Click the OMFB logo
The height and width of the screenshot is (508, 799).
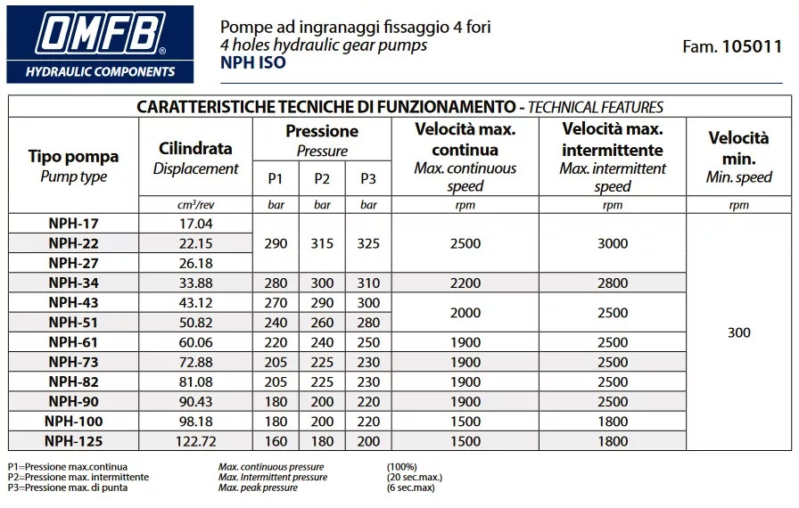coord(99,42)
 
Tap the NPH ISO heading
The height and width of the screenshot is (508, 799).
coord(253,63)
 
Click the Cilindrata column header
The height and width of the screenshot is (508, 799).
coord(195,149)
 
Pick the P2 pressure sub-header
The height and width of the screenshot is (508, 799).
coord(322,179)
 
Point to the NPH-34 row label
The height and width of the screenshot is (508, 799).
coord(73,283)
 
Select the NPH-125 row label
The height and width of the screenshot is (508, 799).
coord(73,441)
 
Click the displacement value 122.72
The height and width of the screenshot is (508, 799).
coord(195,441)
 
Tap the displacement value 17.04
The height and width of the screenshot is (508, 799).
coord(195,224)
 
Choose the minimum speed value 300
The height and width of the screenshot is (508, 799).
coord(738,332)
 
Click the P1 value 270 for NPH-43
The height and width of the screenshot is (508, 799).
coord(276,303)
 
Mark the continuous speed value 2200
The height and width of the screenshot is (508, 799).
coord(465,283)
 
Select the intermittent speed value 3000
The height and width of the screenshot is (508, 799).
coord(612,243)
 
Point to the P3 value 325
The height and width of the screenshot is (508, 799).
coord(368,243)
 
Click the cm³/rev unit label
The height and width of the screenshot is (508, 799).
coord(195,205)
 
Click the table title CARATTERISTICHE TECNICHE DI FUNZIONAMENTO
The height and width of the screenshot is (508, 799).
coord(327,107)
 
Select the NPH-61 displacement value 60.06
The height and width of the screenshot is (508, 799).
coord(195,342)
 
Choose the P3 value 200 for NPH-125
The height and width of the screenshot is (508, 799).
coord(368,441)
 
